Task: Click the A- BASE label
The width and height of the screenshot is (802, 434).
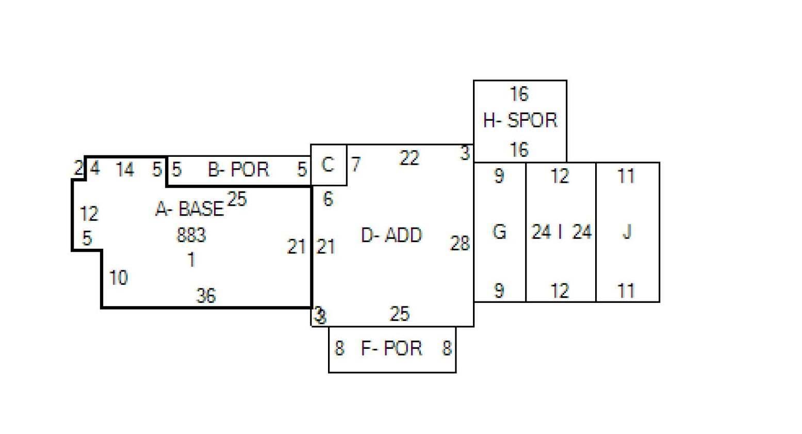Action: pos(190,208)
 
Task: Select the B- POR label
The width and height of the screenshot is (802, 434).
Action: pos(238,169)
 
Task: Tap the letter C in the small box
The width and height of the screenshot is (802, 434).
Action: pos(328,165)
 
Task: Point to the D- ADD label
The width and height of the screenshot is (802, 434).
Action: pos(391,235)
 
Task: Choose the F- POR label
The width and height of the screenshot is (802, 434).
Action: pos(391,348)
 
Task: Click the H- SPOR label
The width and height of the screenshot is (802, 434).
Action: pos(520,120)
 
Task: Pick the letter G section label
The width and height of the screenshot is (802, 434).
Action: pos(499,232)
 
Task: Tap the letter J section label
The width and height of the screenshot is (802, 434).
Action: pos(627,232)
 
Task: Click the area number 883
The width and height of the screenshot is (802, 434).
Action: pos(191,235)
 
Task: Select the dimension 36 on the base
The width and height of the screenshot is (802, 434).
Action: pos(206,296)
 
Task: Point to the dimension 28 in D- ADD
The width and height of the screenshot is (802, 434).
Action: pos(460,244)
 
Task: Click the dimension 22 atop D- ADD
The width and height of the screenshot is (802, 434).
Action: pos(409,158)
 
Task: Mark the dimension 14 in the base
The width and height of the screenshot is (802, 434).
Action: pos(125,169)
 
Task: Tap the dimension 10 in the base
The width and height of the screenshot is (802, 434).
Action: pos(118,278)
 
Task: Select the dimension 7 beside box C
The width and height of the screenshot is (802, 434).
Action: pos(356,165)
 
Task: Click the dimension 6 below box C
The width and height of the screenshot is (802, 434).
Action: pos(328,199)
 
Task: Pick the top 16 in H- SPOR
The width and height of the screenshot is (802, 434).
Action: pos(519,94)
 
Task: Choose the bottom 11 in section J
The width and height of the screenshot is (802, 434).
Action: pos(626,291)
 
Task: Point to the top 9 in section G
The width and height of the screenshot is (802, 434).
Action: pos(499,176)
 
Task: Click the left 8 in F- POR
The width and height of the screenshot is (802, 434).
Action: pos(339,348)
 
